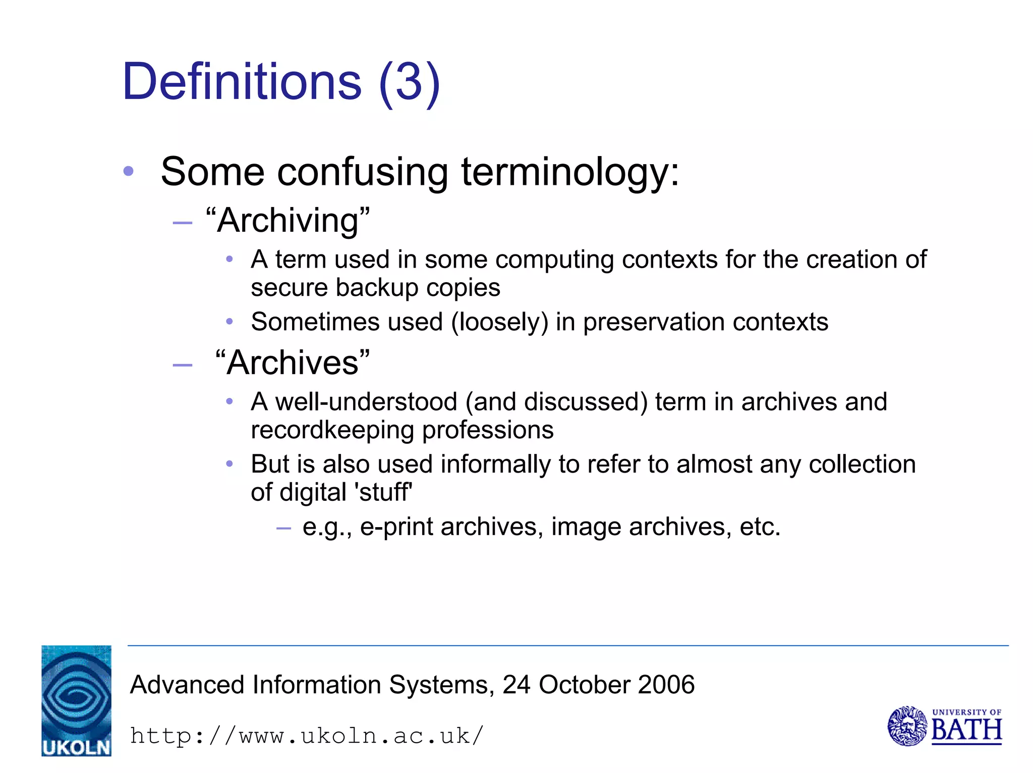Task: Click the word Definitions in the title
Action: [242, 82]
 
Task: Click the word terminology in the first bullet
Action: [570, 173]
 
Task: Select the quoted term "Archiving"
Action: [288, 221]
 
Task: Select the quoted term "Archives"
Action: [293, 363]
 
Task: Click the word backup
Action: [377, 288]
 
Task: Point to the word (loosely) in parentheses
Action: [499, 322]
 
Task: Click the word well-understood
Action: [366, 402]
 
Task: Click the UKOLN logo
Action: [76, 700]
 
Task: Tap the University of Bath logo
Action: [944, 726]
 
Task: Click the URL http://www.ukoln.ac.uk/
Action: [307, 736]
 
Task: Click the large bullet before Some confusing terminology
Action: [129, 172]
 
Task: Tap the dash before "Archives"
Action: [182, 365]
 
